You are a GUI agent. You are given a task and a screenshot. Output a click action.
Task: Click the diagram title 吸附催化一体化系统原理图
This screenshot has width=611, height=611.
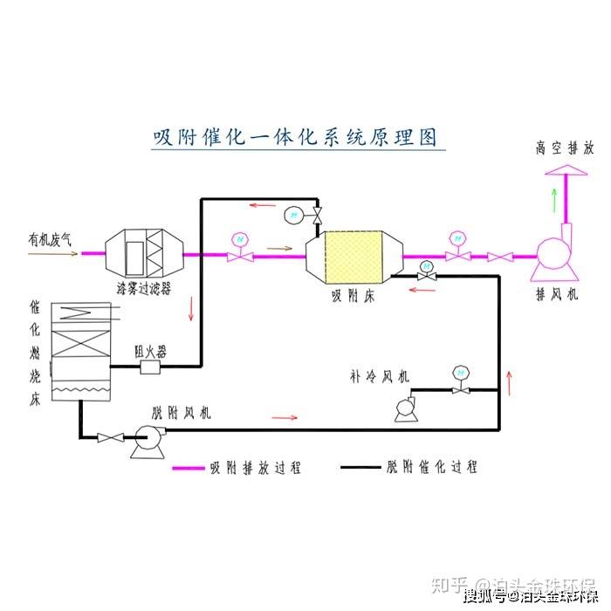point(295,138)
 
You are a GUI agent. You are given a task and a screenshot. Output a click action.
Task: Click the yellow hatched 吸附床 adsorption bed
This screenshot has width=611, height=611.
point(354,256)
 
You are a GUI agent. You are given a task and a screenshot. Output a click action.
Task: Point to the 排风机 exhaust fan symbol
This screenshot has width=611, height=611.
point(553,256)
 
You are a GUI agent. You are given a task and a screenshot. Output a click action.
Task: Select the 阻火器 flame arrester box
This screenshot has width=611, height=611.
point(151,368)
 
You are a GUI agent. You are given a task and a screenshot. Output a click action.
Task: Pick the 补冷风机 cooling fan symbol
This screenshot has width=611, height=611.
point(405,408)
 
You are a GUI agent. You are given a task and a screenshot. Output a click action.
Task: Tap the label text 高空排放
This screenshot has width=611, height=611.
point(564,148)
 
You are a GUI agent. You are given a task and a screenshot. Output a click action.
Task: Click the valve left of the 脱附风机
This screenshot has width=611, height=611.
point(110,436)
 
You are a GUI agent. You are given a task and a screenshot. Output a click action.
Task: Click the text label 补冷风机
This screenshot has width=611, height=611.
point(379,377)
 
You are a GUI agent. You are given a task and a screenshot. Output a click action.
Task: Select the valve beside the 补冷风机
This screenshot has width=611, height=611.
point(457,388)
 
